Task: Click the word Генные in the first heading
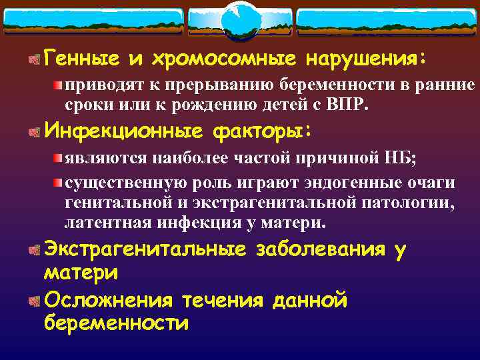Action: point(81,60)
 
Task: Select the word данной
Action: point(310,301)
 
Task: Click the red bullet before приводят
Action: point(59,85)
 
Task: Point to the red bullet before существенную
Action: point(59,183)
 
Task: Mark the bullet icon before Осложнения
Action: point(33,301)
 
